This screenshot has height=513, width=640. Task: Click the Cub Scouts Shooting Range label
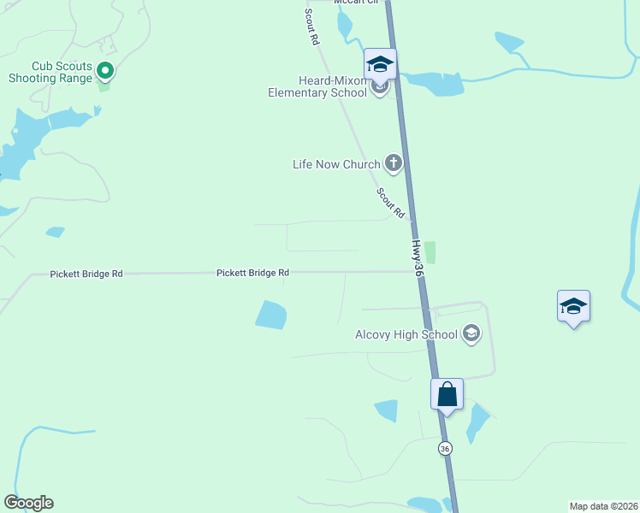pyautogui.click(x=62, y=72)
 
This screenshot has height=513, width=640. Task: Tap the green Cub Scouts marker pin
pyautogui.click(x=105, y=70)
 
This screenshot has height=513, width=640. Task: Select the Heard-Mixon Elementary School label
pyautogui.click(x=317, y=86)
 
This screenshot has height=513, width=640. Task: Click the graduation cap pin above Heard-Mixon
pyautogui.click(x=380, y=63)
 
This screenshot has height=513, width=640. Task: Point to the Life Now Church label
pyautogui.click(x=336, y=164)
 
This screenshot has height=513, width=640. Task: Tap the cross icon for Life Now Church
pyautogui.click(x=393, y=162)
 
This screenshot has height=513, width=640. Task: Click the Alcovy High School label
pyautogui.click(x=406, y=334)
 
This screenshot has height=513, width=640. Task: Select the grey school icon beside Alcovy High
pyautogui.click(x=471, y=333)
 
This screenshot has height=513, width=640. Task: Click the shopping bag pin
pyautogui.click(x=447, y=394)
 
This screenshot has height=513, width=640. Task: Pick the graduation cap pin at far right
pyautogui.click(x=573, y=306)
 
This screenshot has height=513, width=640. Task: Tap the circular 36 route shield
pyautogui.click(x=445, y=448)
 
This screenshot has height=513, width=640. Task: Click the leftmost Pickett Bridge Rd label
pyautogui.click(x=86, y=274)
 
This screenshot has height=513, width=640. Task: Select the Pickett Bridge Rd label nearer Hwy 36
pyautogui.click(x=252, y=273)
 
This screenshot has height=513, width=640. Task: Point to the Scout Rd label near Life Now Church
pyautogui.click(x=390, y=202)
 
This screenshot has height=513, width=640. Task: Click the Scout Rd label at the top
pyautogui.click(x=312, y=27)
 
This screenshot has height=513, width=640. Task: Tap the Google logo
pyautogui.click(x=29, y=503)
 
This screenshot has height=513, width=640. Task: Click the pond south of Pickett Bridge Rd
pyautogui.click(x=271, y=315)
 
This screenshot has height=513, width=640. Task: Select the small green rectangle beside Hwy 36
pyautogui.click(x=430, y=252)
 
